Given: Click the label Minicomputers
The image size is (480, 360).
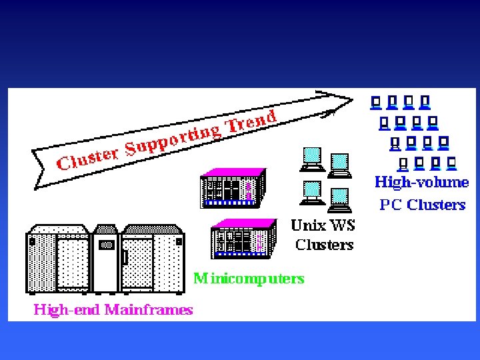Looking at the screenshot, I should click(x=249, y=278).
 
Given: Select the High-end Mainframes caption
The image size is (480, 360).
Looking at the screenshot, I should click(x=113, y=309).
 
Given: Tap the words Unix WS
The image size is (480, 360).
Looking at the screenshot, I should click(x=323, y=225).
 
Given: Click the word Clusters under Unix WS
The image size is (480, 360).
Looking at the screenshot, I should click(x=324, y=245).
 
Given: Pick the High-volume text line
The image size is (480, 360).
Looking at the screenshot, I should click(x=421, y=182).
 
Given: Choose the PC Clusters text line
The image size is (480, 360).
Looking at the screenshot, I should click(x=422, y=205).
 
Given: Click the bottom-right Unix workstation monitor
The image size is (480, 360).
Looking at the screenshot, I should click(x=339, y=195).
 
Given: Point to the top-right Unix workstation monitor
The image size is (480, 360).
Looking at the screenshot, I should click(x=339, y=163).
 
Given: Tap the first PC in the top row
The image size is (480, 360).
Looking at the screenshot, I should click(x=375, y=103).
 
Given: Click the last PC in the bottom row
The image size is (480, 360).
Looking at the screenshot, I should click(x=452, y=163).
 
